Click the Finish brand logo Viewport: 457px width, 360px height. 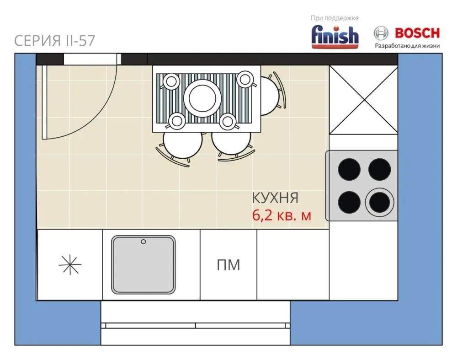[335, 37]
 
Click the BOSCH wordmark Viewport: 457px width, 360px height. [417, 33]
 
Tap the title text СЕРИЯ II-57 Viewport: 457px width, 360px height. [54, 41]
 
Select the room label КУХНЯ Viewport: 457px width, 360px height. [275, 198]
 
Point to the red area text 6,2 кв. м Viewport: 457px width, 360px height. [282, 215]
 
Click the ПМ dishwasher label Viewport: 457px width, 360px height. [228, 265]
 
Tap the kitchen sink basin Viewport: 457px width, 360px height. [143, 265]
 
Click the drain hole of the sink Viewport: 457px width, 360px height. [143, 242]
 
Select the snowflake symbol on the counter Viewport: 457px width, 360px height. [70, 265]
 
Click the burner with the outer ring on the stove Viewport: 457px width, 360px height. [379, 203]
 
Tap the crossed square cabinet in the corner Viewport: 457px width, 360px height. [363, 100]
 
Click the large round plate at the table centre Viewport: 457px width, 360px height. [202, 98]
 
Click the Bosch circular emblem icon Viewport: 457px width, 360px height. [381, 33]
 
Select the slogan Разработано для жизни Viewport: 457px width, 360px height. [407, 46]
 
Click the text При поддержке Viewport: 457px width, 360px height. [335, 18]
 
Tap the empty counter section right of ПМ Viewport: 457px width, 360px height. [293, 264]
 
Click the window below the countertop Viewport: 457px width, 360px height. [195, 323]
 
